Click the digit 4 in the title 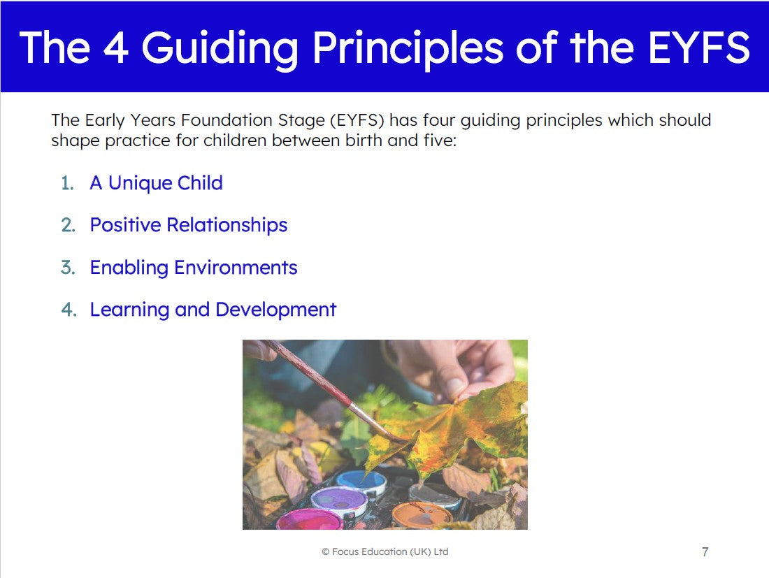116,48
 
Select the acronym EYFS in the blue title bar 699,48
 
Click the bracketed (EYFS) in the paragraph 357,120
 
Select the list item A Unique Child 156,183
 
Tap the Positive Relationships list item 188,226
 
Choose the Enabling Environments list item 193,268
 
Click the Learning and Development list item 213,310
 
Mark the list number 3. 68,268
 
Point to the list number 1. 67,183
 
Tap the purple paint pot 339,501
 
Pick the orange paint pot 422,515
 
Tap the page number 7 705,552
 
